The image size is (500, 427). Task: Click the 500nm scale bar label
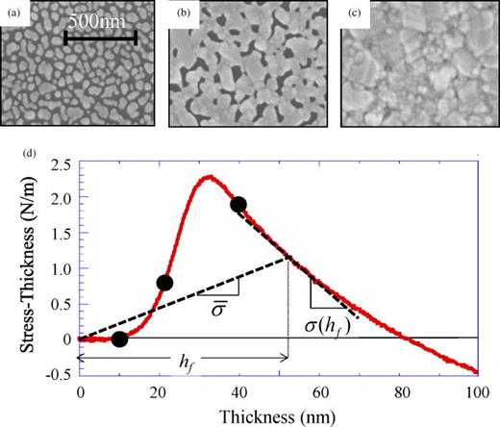[x=100, y=21]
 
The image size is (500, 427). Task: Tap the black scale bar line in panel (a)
[x=100, y=39]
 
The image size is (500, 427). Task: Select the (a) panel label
[x=14, y=13]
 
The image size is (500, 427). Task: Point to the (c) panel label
[x=355, y=13]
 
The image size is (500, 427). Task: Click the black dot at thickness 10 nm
[x=119, y=339]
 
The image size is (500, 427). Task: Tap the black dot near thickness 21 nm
[x=164, y=283]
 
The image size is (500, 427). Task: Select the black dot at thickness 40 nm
[x=238, y=204]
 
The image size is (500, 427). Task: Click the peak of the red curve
[x=208, y=177]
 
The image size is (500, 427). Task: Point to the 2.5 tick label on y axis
[x=59, y=166]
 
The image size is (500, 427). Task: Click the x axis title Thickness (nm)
[x=277, y=415]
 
